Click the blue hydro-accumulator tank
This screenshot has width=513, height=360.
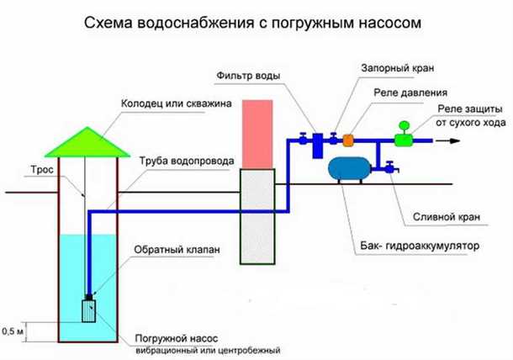(352, 169)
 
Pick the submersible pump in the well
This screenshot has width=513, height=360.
(88, 310)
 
